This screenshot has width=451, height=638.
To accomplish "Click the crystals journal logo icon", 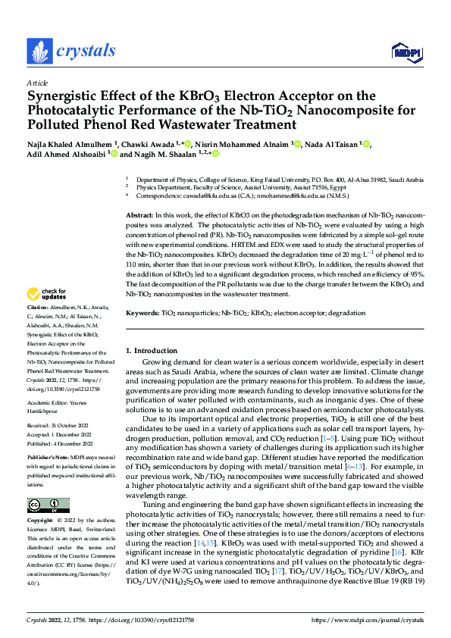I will [x=37, y=52].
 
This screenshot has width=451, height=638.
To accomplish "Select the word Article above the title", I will [x=37, y=82].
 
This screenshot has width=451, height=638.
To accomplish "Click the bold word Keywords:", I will [x=143, y=313].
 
